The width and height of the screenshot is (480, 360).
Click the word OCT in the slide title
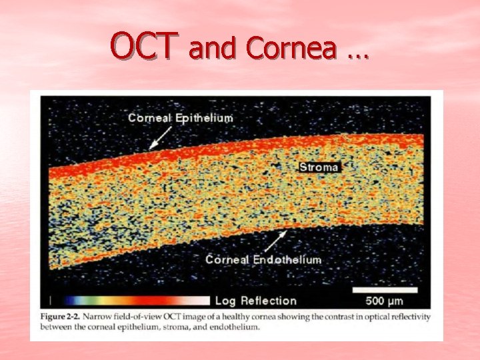click(x=143, y=47)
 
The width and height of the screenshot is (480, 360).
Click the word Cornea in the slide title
click(x=291, y=48)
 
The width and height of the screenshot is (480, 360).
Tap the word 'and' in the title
click(x=213, y=48)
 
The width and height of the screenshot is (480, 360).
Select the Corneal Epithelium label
click(x=181, y=118)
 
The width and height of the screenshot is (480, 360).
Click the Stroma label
click(x=319, y=167)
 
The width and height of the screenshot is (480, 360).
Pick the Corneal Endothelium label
click(x=263, y=259)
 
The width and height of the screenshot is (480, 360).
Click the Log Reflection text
click(x=256, y=300)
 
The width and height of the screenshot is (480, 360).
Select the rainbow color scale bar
click(x=133, y=300)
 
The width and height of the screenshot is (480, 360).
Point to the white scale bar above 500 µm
click(x=385, y=290)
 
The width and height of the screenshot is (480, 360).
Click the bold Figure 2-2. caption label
click(x=63, y=317)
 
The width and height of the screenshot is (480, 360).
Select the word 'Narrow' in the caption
click(x=105, y=317)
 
